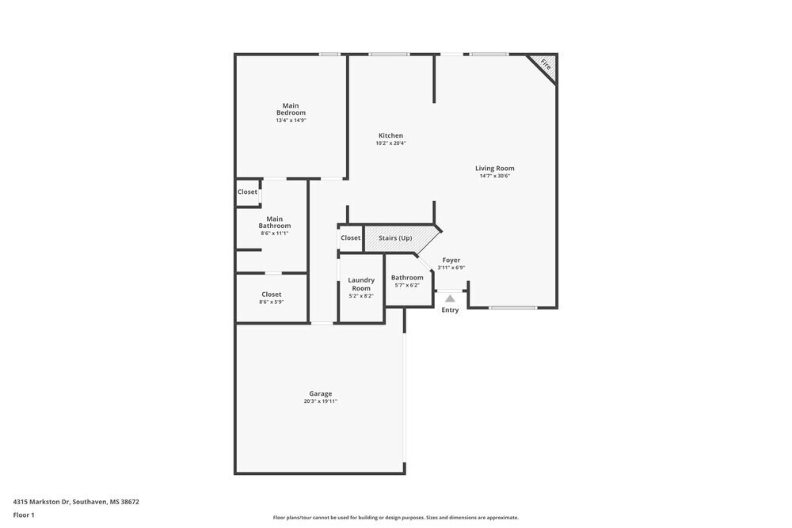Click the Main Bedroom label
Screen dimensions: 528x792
click(x=291, y=109)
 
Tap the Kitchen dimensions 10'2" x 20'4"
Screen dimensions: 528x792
click(x=390, y=143)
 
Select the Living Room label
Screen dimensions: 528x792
click(x=494, y=168)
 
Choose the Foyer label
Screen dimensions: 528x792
click(x=451, y=260)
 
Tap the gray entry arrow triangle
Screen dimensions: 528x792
click(x=450, y=298)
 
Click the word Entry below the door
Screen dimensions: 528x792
click(x=450, y=310)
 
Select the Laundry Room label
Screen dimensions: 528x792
click(x=361, y=283)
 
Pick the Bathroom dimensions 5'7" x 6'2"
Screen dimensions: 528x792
click(x=407, y=286)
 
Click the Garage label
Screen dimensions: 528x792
click(x=320, y=393)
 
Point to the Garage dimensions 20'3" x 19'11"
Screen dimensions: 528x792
click(x=320, y=401)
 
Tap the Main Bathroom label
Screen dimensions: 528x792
click(x=274, y=222)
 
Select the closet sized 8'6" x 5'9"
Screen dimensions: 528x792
click(x=272, y=298)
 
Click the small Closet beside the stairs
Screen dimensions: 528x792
click(x=351, y=238)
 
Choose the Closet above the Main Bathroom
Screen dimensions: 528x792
click(x=247, y=192)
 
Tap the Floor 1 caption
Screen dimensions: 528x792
click(x=24, y=515)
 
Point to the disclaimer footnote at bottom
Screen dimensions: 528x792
click(x=396, y=518)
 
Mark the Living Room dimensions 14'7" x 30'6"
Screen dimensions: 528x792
click(x=494, y=176)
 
